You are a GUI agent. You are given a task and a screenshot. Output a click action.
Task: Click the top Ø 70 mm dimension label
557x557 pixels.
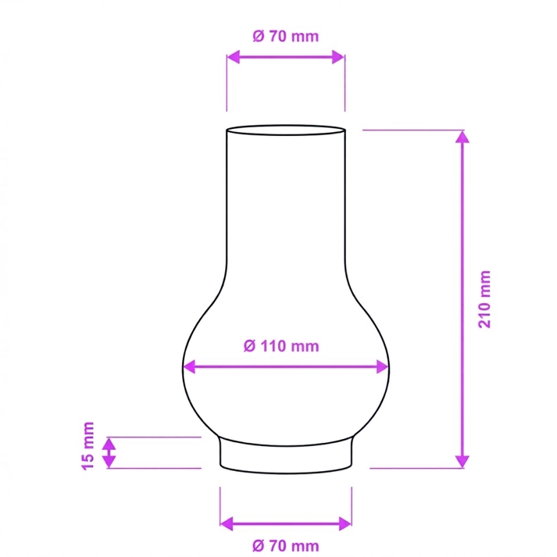click(x=286, y=37)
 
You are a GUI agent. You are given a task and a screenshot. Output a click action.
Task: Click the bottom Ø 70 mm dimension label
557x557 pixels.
click(x=286, y=545)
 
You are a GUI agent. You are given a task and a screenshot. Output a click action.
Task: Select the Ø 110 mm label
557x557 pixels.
click(x=281, y=346)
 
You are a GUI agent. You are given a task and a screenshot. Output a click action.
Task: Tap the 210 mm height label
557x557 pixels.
click(x=484, y=299)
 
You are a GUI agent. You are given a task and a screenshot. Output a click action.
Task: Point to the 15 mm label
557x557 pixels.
click(x=88, y=446)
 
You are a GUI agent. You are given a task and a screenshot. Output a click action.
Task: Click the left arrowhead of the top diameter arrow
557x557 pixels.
click(x=233, y=57)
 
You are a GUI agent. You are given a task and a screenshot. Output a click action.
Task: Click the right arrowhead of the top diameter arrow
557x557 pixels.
click(x=338, y=57)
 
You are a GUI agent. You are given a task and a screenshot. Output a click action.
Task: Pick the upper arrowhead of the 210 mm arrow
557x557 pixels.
click(x=462, y=137)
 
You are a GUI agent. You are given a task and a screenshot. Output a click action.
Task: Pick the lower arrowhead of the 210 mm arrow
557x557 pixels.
click(x=462, y=462)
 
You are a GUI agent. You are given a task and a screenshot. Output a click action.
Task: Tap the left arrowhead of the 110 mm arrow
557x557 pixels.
click(x=189, y=366)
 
